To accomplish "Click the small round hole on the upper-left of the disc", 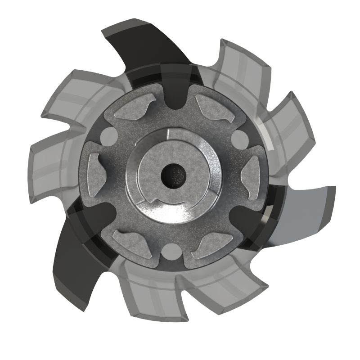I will coord(108,134).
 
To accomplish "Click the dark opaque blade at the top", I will coord(148,45).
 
